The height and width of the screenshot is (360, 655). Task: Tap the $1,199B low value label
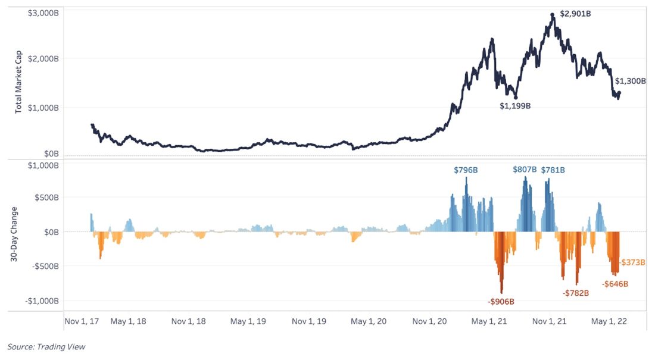pos(514,106)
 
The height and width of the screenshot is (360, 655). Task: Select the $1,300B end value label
pos(630,81)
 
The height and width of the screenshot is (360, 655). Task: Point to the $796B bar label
pos(466,170)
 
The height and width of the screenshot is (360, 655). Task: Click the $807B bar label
pos(525,170)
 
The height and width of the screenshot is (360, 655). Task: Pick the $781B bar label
pos(553,170)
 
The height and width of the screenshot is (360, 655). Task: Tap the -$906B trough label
pos(501,302)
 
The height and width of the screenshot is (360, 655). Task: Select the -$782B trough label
pos(576,293)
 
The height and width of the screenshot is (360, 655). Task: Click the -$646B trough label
pos(615,284)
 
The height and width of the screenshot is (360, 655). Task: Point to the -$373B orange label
pos(632,262)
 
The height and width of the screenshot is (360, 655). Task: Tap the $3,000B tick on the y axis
pos(43,13)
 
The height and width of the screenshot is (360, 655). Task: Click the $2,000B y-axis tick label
pos(43,58)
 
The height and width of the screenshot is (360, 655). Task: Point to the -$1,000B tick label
pos(42,301)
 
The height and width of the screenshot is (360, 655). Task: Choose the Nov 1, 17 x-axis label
pos(83,321)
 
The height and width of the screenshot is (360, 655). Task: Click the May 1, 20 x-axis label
pos(369,321)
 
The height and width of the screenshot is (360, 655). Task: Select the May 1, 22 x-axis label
pos(608,321)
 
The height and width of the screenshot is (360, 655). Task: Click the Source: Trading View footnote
pos(46,346)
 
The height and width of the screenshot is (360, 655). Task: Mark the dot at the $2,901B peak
pos(553,14)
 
